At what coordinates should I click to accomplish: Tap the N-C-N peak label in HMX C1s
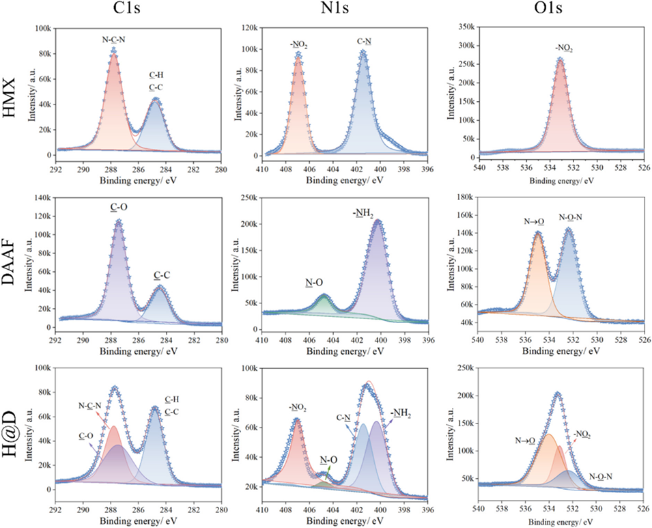pyautogui.click(x=113, y=39)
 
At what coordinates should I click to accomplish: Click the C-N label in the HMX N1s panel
pyautogui.click(x=363, y=41)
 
